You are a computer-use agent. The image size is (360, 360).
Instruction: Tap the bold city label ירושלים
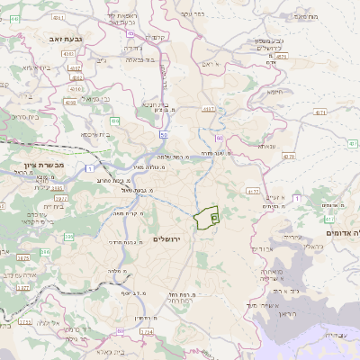[167, 238]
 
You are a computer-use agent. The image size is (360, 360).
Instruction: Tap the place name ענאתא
[267, 146]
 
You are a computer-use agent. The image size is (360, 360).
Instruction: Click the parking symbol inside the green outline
[213, 217]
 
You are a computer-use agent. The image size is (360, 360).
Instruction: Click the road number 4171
[346, 112]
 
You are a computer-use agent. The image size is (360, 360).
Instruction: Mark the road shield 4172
[253, 191]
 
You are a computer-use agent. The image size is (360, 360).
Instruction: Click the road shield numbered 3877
[23, 287]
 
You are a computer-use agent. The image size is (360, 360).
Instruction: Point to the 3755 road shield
[24, 321]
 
